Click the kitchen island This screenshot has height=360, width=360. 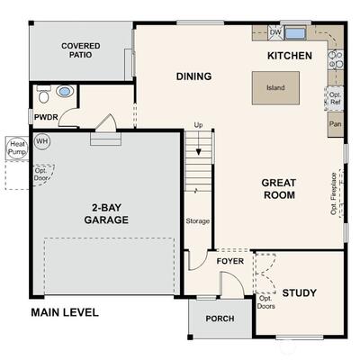(x=275, y=88)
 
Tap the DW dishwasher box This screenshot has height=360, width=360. (x=275, y=32)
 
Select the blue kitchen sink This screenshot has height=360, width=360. (x=295, y=33)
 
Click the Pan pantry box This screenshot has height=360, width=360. (x=335, y=124)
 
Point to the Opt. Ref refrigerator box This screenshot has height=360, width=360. (x=335, y=98)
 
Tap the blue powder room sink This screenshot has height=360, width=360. (x=65, y=91)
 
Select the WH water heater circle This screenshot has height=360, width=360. (x=42, y=141)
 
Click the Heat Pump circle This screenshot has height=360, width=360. (x=17, y=148)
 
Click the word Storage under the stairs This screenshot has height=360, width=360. (x=197, y=221)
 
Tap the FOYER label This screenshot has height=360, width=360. (x=230, y=261)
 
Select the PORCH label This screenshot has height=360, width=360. (x=220, y=319)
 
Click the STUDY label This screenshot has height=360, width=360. (x=299, y=292)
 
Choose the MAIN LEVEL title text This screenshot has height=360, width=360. (x=65, y=312)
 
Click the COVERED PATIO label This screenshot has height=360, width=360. (x=81, y=50)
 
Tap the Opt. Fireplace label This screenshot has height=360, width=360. (x=333, y=193)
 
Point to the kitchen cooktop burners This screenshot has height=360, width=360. (x=335, y=59)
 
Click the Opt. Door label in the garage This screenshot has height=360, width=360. (x=40, y=175)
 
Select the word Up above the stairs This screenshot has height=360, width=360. (x=198, y=125)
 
